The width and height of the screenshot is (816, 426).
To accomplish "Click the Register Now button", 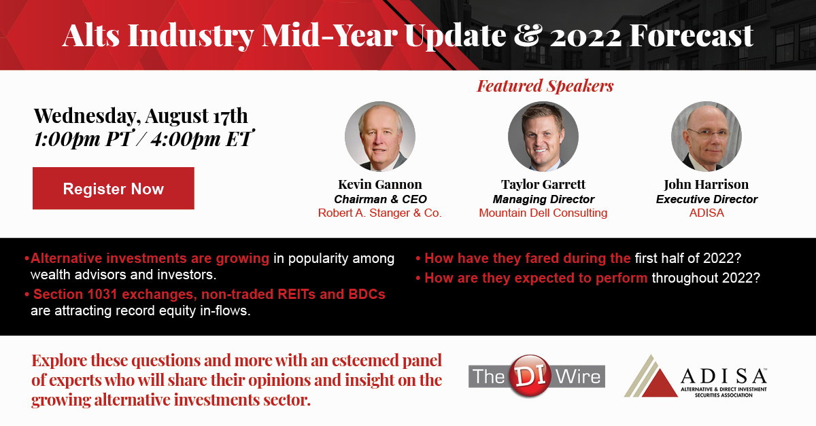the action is [x=114, y=188].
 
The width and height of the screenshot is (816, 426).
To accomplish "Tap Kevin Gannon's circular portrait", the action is [x=380, y=136].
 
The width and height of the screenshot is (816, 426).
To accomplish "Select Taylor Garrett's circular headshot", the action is [x=543, y=136].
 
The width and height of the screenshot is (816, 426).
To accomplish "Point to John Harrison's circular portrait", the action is [x=707, y=136].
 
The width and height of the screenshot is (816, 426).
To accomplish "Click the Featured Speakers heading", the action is [x=545, y=86].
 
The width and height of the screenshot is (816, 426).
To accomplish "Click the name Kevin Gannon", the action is [x=380, y=184].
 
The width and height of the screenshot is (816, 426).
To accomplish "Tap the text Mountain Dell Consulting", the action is [x=543, y=213].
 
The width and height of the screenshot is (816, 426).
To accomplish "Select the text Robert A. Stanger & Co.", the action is [x=380, y=213].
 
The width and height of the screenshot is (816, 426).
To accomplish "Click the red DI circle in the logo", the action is [x=530, y=376].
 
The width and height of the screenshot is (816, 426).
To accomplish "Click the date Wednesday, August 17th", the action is [x=141, y=116].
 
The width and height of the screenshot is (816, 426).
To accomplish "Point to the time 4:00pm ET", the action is [x=201, y=139].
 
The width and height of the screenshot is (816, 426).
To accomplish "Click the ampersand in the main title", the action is [x=527, y=35].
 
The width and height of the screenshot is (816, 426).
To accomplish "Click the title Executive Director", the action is [x=707, y=199].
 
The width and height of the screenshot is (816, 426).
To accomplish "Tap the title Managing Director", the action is [x=543, y=199].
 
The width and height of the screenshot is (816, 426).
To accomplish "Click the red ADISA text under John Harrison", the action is [x=707, y=213].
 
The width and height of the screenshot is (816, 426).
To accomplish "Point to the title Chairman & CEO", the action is [x=380, y=199].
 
